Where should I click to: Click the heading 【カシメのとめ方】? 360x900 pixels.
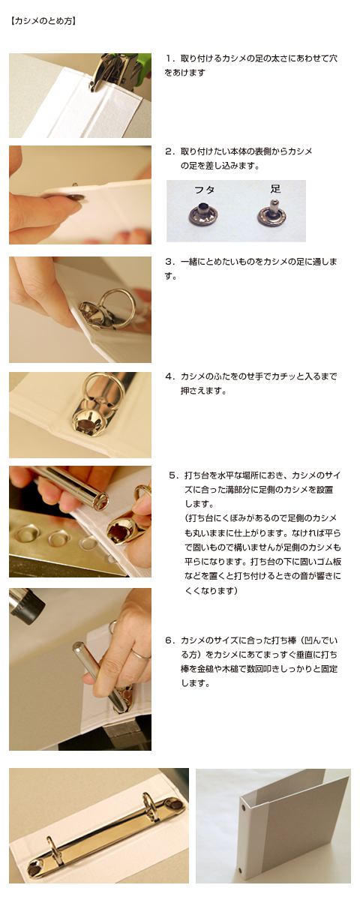[43, 21]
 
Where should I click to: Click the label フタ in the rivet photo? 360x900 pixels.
[204, 190]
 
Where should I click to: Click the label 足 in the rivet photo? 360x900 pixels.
[275, 188]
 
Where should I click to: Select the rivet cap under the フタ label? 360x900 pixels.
[202, 213]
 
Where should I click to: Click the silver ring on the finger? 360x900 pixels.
[140, 655]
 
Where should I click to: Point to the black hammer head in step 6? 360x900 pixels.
[26, 605]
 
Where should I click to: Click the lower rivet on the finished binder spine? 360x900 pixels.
[241, 869]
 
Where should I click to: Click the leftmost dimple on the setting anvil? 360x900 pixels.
[25, 533]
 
